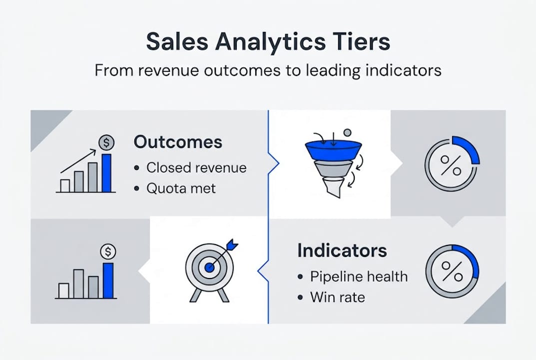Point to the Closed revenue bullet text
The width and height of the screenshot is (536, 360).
point(196,167)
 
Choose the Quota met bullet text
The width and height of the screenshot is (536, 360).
point(180,188)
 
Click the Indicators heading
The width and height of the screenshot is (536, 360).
point(342,250)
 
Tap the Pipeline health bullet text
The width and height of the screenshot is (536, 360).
point(359,276)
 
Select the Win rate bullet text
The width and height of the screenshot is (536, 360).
point(337,297)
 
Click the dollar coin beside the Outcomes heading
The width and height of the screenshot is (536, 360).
point(106,143)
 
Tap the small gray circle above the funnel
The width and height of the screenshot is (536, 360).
point(347,132)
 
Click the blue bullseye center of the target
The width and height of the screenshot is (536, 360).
point(209,268)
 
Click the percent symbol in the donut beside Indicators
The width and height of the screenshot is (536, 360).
point(451,272)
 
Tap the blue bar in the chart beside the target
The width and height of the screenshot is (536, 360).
point(108,280)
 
